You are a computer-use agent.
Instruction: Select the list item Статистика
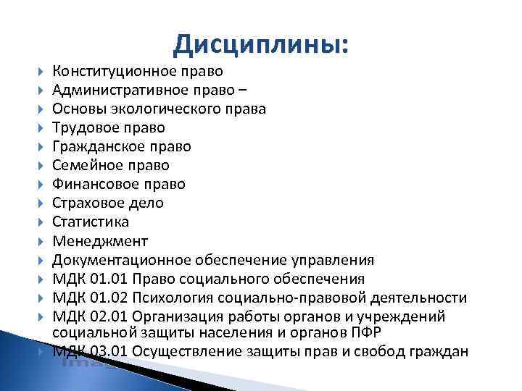[x=90, y=222]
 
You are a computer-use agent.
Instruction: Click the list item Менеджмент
[x=99, y=240]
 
